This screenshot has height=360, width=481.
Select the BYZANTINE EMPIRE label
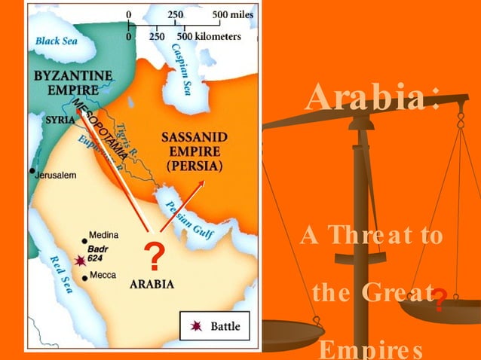pos(72,82)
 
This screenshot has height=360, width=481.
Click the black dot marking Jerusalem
pos(32,172)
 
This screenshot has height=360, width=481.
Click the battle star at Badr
pos(79,261)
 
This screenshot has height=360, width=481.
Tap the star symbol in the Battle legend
pos(197,325)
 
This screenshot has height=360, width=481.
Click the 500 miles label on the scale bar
pos(233,14)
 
